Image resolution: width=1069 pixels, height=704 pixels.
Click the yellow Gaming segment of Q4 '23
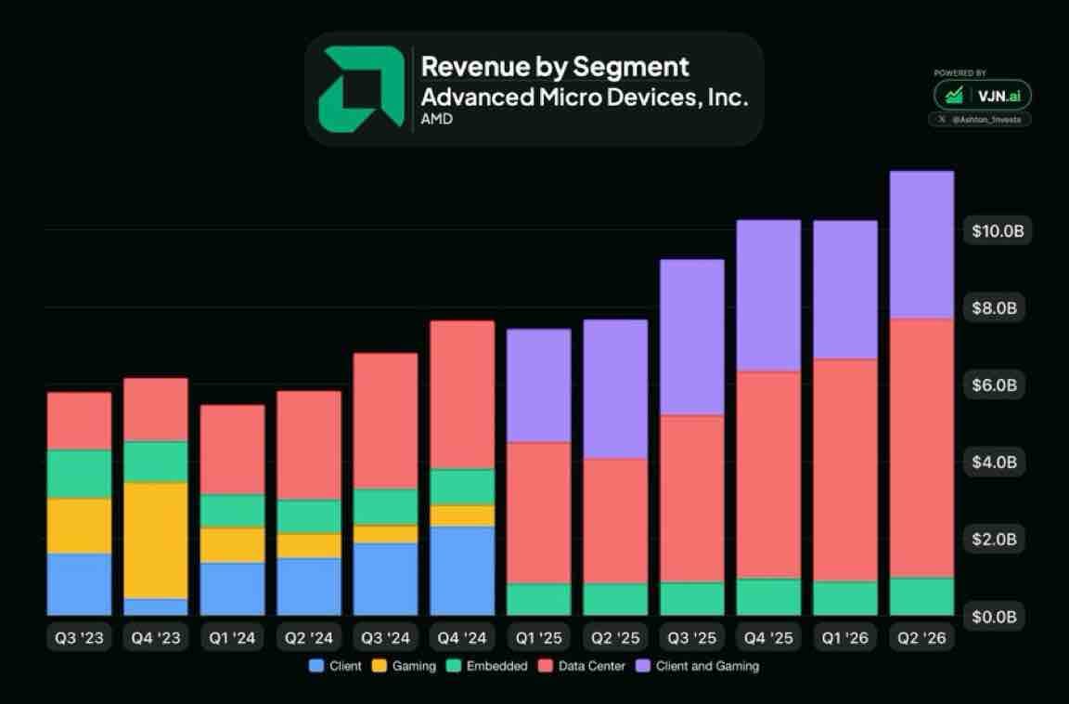tap(156, 541)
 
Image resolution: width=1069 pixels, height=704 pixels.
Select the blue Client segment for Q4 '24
tap(462, 571)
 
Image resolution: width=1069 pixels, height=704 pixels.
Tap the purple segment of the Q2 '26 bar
tap(921, 244)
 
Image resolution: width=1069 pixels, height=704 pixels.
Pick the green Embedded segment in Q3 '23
tap(79, 474)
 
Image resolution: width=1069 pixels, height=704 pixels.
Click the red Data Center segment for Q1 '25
tap(538, 513)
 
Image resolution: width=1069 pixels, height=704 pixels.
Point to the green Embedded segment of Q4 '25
tap(768, 597)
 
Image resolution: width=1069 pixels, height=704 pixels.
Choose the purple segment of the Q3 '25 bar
tap(692, 337)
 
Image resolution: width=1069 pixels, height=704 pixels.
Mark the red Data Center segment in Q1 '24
tap(233, 450)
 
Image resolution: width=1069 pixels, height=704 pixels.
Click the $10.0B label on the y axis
tap(998, 231)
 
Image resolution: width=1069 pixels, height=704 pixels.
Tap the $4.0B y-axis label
tap(994, 463)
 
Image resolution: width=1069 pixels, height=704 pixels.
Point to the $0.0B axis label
tap(994, 617)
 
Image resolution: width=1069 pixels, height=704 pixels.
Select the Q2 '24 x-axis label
tap(309, 638)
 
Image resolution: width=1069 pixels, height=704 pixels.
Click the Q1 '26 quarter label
tap(844, 638)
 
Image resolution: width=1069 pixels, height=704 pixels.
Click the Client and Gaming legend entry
tap(698, 666)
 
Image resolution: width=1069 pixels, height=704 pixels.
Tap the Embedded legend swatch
tap(454, 666)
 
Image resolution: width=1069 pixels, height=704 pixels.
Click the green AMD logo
tap(361, 88)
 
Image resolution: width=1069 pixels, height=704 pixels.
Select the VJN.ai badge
tap(983, 96)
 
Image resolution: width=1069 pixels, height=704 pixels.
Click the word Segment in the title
tap(631, 67)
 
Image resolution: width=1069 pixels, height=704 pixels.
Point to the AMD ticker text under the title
tap(437, 119)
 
